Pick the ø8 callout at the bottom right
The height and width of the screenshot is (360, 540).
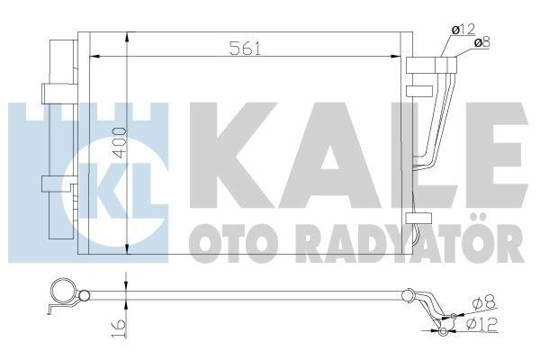481,302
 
